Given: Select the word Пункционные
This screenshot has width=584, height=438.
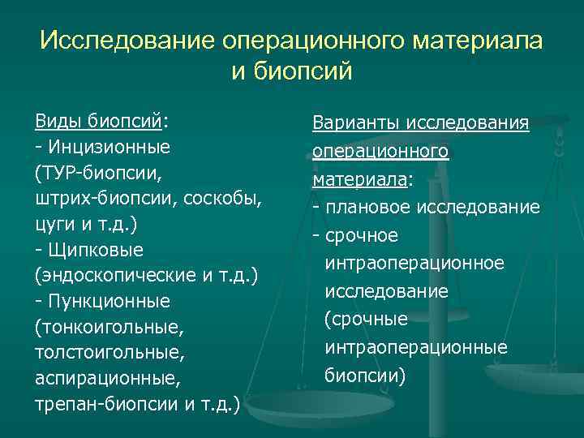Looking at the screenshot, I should coord(109,301).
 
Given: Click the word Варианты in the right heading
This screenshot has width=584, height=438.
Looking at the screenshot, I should coord(357,123).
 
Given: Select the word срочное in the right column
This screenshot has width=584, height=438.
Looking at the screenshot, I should coord(360,235).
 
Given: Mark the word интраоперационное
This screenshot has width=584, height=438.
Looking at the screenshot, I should coord(414,263).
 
